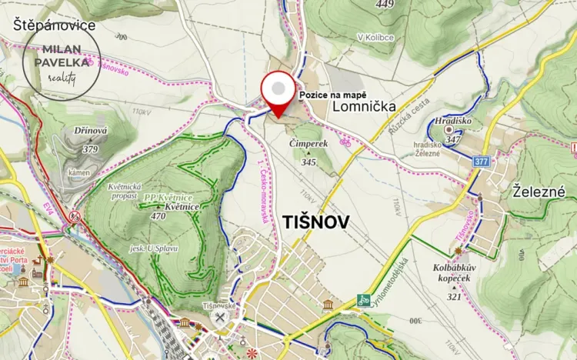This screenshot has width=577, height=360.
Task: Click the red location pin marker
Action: point(278,93)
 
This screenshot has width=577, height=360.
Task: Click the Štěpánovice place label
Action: point(54,25)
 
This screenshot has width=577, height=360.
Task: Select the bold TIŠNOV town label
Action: point(316,222)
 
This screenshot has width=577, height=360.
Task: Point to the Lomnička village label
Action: point(365,108)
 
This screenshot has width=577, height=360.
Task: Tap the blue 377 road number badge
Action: point(482,162)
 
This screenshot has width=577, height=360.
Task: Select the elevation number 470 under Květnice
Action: point(159,216)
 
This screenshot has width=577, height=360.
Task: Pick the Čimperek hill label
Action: point(309,144)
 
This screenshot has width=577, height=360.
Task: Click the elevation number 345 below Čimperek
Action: point(309,162)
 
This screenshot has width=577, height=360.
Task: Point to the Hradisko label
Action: point(452,122)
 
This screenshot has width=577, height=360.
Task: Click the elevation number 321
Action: point(454,296)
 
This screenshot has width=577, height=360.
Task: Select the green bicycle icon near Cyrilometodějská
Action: point(365,300)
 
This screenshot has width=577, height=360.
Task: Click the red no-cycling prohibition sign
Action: point(74,216)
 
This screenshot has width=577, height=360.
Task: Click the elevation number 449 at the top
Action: point(385,5)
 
